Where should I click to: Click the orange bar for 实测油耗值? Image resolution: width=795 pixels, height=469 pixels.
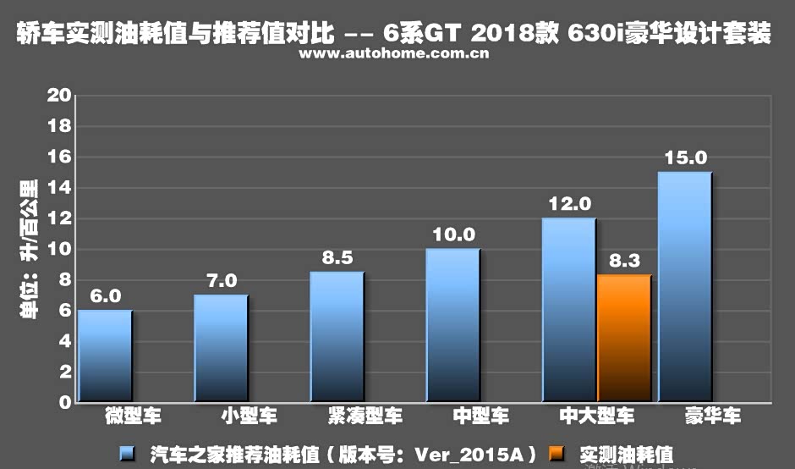click(624, 338)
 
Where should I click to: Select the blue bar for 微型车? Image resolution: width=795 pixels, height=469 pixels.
click(105, 356)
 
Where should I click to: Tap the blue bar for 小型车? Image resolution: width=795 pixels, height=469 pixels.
click(221, 348)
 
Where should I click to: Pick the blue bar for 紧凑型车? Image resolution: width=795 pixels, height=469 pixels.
click(337, 336)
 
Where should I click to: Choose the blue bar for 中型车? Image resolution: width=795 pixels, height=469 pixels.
click(452, 325)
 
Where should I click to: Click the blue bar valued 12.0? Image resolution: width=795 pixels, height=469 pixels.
click(568, 309)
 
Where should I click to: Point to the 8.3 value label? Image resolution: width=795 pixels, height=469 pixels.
click(624, 262)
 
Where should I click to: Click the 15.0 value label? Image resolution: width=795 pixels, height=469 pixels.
click(685, 158)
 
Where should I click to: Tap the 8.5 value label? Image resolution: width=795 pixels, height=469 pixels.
click(337, 258)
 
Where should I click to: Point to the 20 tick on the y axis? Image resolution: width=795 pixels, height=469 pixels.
click(59, 96)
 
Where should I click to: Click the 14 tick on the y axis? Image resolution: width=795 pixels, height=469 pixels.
click(59, 188)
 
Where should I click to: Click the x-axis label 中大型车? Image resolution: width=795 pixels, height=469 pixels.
click(596, 417)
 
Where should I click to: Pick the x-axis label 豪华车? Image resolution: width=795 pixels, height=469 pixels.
click(712, 417)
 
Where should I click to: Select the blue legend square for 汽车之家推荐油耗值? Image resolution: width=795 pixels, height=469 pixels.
click(127, 454)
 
